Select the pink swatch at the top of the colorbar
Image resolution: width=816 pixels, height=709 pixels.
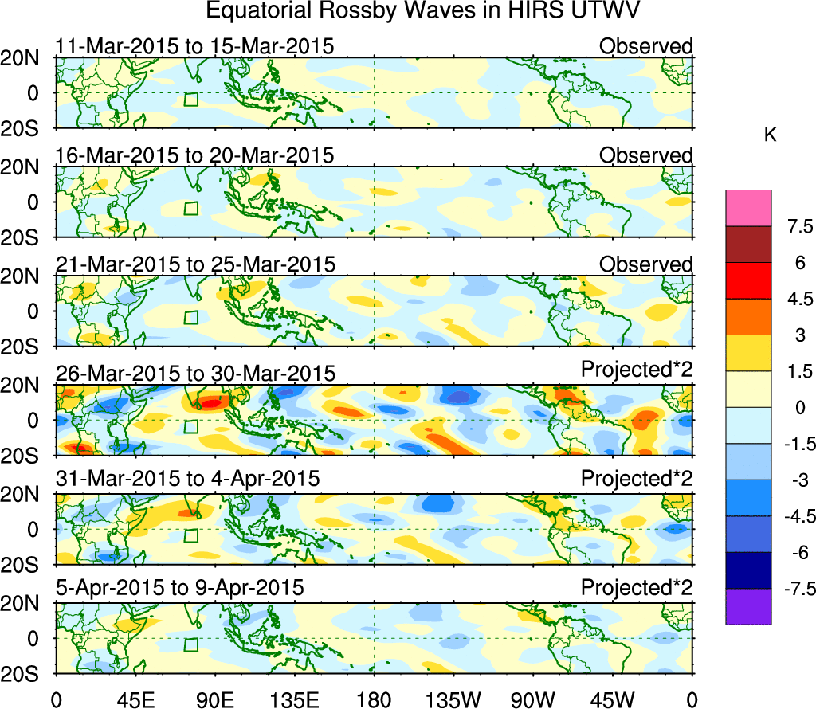click(x=748, y=208)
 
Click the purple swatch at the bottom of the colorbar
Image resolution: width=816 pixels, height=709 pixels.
click(x=748, y=606)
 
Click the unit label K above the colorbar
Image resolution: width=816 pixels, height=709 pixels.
click(x=770, y=135)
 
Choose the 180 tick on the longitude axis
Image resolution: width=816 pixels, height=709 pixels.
click(x=375, y=699)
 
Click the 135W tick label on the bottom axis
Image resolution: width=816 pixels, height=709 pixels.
click(x=454, y=699)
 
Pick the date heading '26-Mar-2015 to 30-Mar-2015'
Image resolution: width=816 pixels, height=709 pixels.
click(x=194, y=374)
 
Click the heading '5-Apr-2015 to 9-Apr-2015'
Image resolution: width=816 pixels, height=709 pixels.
click(x=179, y=589)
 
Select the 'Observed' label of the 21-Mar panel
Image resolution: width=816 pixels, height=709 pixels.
click(x=646, y=264)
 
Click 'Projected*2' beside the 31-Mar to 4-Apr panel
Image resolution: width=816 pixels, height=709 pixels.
click(x=637, y=480)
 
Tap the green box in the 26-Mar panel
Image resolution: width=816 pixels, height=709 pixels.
click(x=190, y=426)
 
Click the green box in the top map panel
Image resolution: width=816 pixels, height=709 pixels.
click(x=190, y=100)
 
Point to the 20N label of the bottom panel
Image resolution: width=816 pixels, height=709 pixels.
click(x=26, y=605)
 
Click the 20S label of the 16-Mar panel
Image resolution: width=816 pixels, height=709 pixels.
click(x=26, y=237)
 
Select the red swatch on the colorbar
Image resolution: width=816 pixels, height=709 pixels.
click(x=748, y=280)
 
